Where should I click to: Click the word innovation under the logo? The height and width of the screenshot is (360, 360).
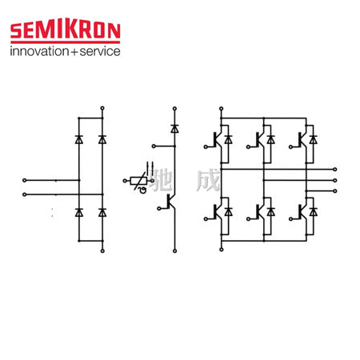click(x=39, y=51)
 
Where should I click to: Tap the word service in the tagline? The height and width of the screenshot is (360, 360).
click(x=100, y=51)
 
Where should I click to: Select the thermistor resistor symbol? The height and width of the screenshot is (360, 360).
click(x=138, y=181)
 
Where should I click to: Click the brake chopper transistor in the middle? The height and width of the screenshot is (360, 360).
click(x=171, y=202)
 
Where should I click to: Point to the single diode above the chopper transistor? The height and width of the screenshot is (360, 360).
click(x=174, y=129)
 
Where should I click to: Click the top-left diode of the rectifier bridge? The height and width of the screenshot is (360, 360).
click(x=79, y=139)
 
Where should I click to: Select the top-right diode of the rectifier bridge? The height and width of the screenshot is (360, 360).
click(x=102, y=139)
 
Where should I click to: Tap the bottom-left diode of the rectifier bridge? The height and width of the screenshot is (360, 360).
click(x=79, y=213)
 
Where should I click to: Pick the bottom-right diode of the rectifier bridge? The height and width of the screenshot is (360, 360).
click(x=102, y=213)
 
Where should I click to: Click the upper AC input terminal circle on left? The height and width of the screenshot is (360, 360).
click(x=25, y=180)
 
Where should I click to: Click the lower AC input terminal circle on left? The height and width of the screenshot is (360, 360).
click(x=25, y=194)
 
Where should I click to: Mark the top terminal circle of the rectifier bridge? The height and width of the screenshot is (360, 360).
click(x=102, y=108)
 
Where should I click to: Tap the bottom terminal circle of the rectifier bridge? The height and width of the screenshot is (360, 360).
click(x=102, y=250)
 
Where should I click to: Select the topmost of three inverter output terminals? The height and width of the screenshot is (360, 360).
click(x=335, y=170)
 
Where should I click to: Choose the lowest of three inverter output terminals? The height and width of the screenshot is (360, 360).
click(x=335, y=191)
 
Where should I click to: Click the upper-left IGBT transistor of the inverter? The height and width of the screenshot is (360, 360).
click(x=217, y=139)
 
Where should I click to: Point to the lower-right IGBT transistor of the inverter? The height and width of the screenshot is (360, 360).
click(x=302, y=212)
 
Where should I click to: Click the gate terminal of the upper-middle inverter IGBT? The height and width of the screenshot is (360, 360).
click(x=248, y=147)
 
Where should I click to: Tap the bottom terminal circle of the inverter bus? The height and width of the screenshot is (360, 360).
click(x=221, y=250)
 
